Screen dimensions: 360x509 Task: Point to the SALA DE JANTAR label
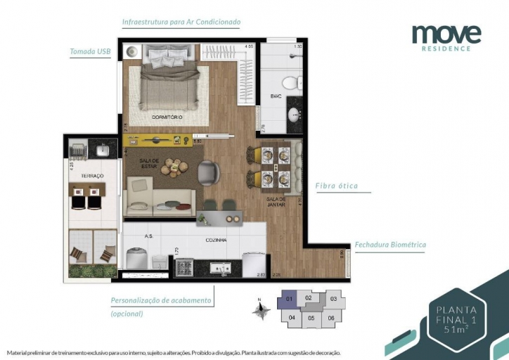(x=274, y=202)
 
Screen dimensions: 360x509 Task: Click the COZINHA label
(x=216, y=240)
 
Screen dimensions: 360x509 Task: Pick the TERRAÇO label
(x=91, y=175)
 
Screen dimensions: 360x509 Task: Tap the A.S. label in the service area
(x=148, y=236)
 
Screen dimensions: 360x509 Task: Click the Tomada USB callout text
(x=90, y=51)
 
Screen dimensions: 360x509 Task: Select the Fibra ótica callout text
(x=336, y=186)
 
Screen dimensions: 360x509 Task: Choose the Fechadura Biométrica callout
(x=390, y=245)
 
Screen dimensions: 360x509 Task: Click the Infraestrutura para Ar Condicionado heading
(x=181, y=22)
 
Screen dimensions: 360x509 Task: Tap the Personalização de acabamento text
(x=161, y=300)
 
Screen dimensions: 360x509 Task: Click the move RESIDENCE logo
(x=446, y=37)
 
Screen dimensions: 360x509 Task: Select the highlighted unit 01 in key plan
(x=289, y=299)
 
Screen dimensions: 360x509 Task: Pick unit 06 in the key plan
(x=331, y=318)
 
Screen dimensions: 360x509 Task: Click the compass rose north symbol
(x=261, y=309)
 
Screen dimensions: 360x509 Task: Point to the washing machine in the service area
(x=135, y=257)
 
